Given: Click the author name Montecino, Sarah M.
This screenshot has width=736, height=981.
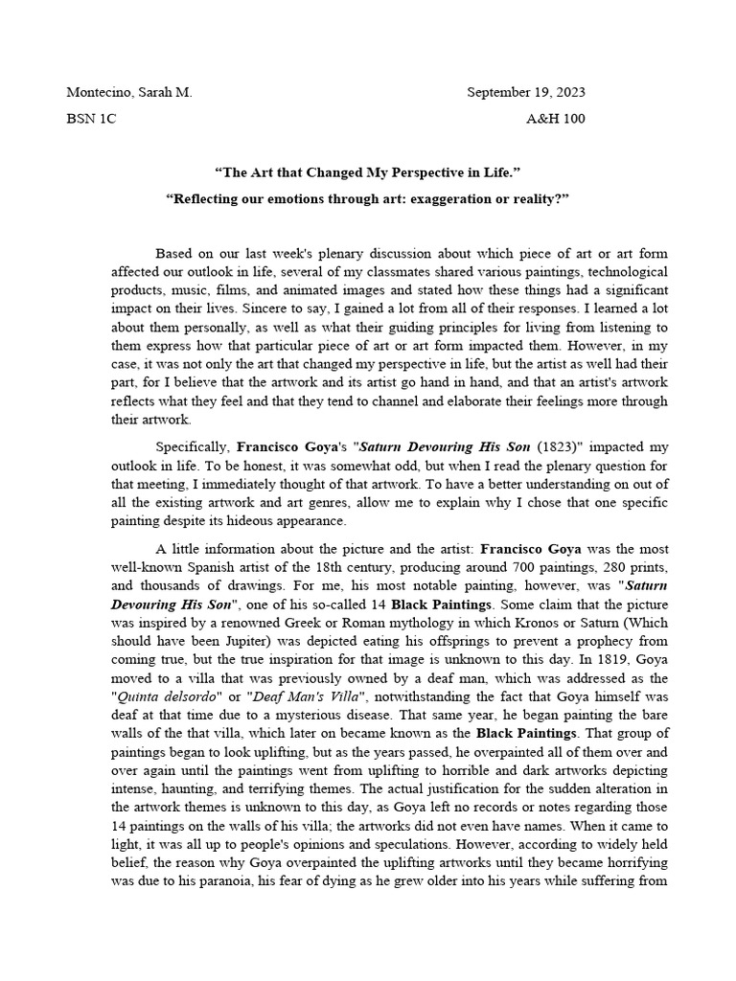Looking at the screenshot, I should [x=128, y=93].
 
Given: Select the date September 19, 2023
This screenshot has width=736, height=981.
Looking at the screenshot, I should [x=525, y=93].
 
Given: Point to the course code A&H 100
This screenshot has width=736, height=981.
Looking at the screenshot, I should [x=555, y=119].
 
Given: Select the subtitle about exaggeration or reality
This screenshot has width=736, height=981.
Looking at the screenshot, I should [x=367, y=198].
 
